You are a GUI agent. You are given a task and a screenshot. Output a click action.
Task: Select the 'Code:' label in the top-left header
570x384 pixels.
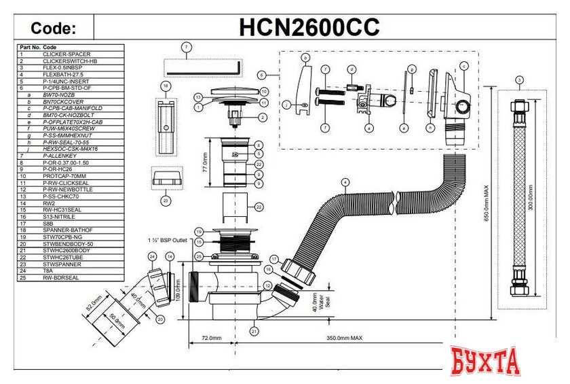pyautogui.click(x=54, y=28)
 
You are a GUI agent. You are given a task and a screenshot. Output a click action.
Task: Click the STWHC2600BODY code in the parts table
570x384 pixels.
pyautogui.click(x=69, y=251)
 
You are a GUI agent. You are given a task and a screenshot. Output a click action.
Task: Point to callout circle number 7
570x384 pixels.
pyautogui.click(x=187, y=47)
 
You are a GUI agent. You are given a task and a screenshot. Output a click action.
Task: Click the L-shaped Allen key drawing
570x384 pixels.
pyautogui.click(x=204, y=68)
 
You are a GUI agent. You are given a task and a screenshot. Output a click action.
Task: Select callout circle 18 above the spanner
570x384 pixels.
pyautogui.click(x=166, y=86)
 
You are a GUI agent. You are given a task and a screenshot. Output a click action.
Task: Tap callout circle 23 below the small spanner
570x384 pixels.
pyautogui.click(x=166, y=200)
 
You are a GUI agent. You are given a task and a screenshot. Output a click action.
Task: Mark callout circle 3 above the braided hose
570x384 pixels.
pyautogui.click(x=519, y=80)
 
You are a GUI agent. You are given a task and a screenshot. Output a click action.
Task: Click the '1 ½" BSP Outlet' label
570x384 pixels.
pyautogui.click(x=166, y=240)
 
